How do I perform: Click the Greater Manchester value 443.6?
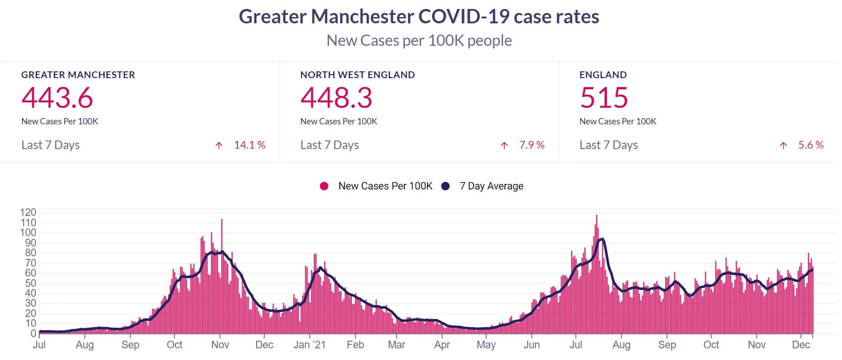tap(57, 98)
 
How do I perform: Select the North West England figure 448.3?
tap(336, 98)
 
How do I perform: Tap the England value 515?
tap(604, 98)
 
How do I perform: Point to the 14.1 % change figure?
tap(250, 145)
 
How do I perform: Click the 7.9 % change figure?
tap(531, 145)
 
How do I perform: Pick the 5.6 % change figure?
tap(811, 145)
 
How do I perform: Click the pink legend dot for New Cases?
tap(324, 186)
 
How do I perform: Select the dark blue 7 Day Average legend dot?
tap(445, 186)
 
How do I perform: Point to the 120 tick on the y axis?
tap(28, 212)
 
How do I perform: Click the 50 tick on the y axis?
tap(30, 283)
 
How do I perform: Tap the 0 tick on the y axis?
tap(33, 334)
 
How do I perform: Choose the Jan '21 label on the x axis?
tap(309, 345)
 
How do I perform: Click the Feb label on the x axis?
tap(355, 345)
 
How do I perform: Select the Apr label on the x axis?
tap(442, 345)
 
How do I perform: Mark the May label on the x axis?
tap(486, 345)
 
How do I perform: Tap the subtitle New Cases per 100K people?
tap(419, 40)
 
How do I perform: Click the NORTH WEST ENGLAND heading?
tap(357, 75)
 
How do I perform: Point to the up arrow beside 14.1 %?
tap(219, 145)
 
